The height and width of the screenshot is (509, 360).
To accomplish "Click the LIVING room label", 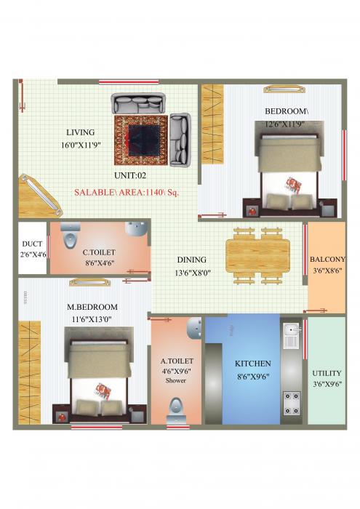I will click(x=80, y=132).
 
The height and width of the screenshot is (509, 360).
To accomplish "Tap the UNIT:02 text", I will click(x=131, y=175).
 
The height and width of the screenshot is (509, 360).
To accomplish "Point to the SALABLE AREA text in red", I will click(x=127, y=193).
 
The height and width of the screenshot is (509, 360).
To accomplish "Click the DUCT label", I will click(x=32, y=244).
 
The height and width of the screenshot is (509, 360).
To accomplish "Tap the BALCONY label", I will click(x=327, y=259).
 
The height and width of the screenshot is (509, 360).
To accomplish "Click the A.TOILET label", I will click(x=177, y=360).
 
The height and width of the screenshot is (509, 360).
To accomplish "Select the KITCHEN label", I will click(x=252, y=363).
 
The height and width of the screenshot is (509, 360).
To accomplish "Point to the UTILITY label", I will click(x=327, y=373).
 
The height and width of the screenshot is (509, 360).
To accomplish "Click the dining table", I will click(x=252, y=255).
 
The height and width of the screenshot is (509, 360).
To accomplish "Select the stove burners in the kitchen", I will click(x=292, y=398).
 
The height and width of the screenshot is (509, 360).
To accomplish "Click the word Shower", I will click(x=176, y=380).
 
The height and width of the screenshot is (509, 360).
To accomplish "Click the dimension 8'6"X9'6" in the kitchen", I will click(x=252, y=376).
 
